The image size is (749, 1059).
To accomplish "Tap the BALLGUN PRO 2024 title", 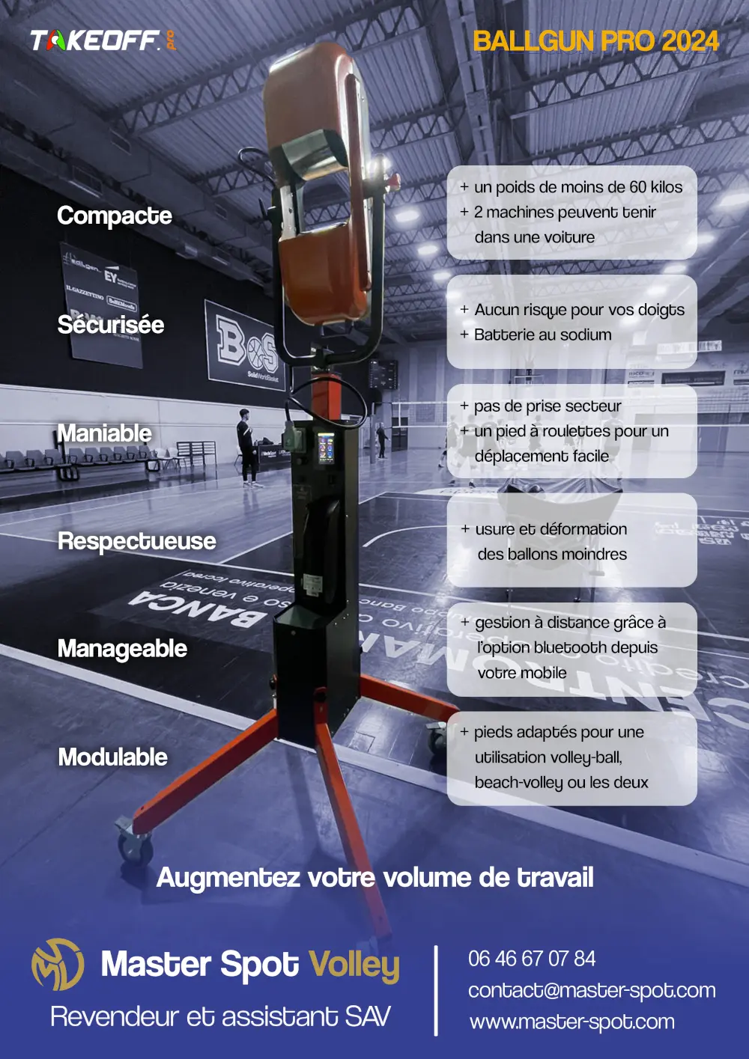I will click(x=595, y=41).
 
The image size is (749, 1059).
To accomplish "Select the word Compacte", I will click(x=115, y=216).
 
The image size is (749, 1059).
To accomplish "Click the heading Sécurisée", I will click(x=111, y=325).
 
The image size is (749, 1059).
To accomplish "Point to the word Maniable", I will click(x=105, y=433).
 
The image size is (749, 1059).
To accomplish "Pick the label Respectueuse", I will click(x=137, y=541).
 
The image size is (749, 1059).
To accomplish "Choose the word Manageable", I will click(x=122, y=649).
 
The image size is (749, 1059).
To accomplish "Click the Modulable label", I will click(x=113, y=757).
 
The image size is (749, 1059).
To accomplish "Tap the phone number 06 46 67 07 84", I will click(x=532, y=959).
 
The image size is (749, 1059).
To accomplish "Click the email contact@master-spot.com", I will click(x=592, y=990).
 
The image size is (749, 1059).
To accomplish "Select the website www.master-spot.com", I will click(x=572, y=1022).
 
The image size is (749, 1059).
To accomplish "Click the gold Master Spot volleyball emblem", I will click(x=57, y=965).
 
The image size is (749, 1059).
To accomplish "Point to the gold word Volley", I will click(x=354, y=965).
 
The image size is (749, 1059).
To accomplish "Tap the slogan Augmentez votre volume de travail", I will click(x=374, y=877).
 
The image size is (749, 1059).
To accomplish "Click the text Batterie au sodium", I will click(x=542, y=335).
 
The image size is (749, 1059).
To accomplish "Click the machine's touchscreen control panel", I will click(x=327, y=448).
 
